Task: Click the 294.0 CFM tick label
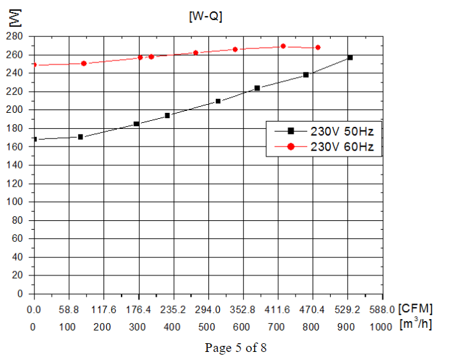[207, 310]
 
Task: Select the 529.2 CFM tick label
[347, 310]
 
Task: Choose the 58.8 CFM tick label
[69, 310]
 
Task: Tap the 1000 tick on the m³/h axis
[380, 326]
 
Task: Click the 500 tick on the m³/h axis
[207, 326]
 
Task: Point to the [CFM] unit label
[415, 309]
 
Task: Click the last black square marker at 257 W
[349, 58]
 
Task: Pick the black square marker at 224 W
[257, 88]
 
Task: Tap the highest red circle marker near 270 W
[283, 46]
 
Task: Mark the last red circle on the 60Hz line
[318, 48]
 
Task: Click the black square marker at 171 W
[81, 137]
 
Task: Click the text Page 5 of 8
[236, 348]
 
